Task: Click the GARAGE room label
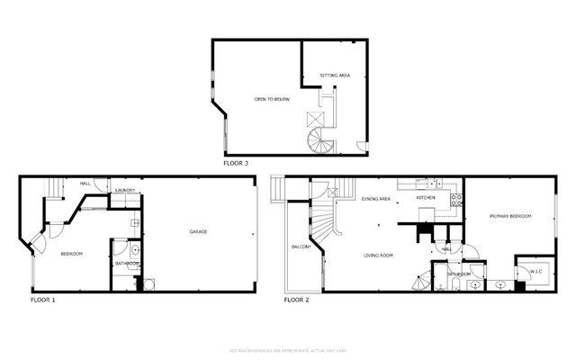198,232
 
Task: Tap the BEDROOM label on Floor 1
72,255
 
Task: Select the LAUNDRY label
124,191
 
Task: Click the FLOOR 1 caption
43,300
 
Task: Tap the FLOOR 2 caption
297,300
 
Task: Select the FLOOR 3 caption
236,164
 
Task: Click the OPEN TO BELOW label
271,98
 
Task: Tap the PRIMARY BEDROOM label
509,217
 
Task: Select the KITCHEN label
426,197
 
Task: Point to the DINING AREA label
376,198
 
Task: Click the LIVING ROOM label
379,256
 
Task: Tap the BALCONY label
301,247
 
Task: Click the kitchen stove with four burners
456,200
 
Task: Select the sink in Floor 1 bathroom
134,251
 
